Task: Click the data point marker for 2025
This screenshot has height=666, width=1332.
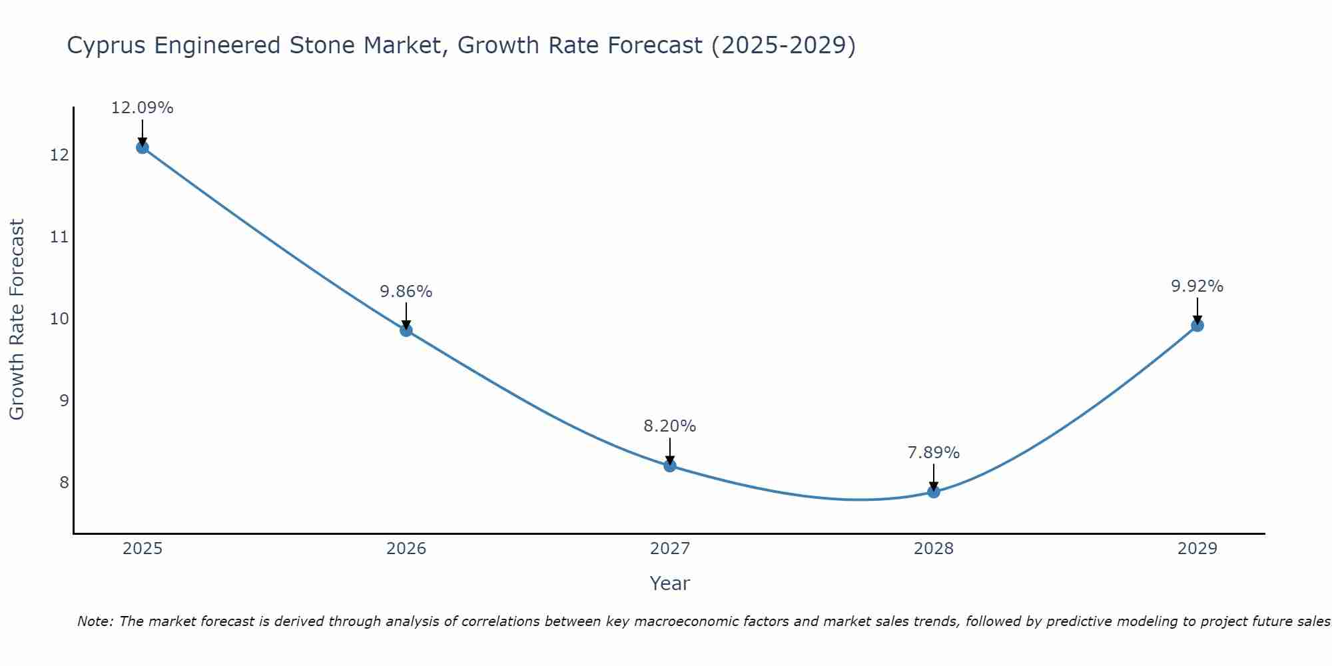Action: (x=143, y=147)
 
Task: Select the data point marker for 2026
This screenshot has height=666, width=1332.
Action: (x=406, y=330)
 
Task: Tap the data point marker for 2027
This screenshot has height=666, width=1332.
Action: (x=670, y=466)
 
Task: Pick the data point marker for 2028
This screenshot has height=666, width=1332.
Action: (x=934, y=492)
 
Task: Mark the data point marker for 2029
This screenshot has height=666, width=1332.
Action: (x=1197, y=325)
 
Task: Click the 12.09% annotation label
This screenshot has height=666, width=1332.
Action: (x=142, y=108)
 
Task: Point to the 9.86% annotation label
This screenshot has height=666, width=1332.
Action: (x=406, y=292)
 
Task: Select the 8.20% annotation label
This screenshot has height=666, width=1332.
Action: (x=670, y=426)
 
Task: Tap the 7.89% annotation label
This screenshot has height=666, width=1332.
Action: (x=934, y=453)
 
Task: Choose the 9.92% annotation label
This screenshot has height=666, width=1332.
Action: (x=1197, y=286)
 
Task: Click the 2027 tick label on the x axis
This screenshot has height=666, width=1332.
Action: (x=670, y=549)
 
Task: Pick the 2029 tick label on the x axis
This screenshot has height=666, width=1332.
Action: (x=1197, y=549)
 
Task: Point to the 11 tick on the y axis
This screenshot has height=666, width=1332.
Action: (x=60, y=237)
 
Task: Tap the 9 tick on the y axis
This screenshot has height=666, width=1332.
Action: (x=64, y=401)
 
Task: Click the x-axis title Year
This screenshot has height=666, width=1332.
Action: (x=670, y=583)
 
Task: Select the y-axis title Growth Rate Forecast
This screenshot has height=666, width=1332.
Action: (x=17, y=319)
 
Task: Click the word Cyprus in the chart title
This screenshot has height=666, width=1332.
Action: (x=107, y=46)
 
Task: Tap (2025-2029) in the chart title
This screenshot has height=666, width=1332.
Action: (x=783, y=46)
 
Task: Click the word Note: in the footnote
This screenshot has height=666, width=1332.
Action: (x=97, y=621)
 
